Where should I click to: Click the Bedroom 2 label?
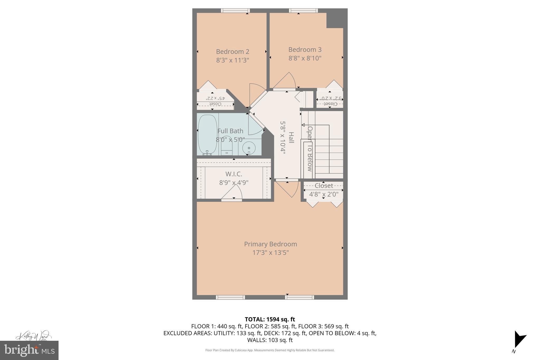[x=233, y=52]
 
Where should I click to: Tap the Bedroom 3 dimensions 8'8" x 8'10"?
[x=305, y=58]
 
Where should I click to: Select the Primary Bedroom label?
[x=270, y=244]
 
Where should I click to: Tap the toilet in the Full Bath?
[x=226, y=146]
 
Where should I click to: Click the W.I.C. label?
[x=234, y=174]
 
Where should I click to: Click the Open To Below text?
[x=310, y=149]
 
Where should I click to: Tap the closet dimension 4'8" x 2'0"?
[x=324, y=195]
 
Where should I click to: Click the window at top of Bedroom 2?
[x=235, y=11]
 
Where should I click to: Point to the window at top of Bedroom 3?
[x=303, y=11]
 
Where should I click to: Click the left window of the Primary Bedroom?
[x=230, y=297]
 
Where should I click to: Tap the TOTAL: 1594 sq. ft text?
[x=270, y=319]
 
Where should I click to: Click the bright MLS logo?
[x=29, y=350]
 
